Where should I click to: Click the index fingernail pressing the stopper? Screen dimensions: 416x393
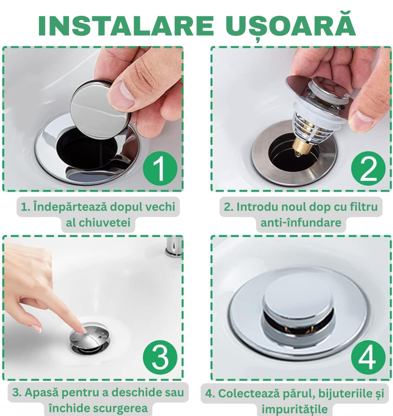tap(83, 330)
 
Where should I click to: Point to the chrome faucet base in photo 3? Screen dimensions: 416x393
tap(174, 248)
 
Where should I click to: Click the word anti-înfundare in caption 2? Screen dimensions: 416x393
tap(301, 223)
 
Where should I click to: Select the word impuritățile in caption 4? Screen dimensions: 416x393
tap(297, 409)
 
